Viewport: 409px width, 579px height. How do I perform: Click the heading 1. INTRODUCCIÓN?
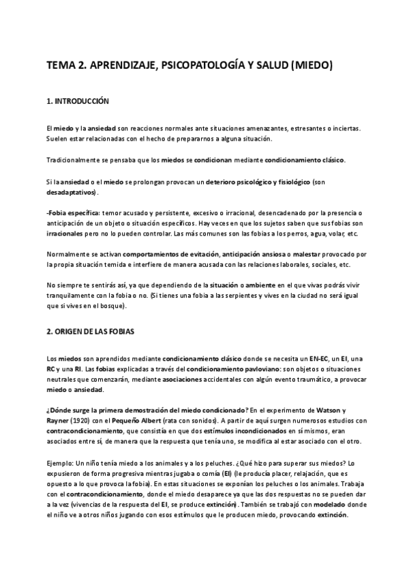click(78, 101)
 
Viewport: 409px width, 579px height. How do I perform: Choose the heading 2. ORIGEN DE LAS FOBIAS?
click(91, 331)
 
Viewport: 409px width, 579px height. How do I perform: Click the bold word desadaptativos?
click(70, 193)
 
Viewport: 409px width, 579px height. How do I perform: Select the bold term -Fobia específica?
click(72, 213)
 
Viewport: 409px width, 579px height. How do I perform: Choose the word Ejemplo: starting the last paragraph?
click(61, 462)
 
